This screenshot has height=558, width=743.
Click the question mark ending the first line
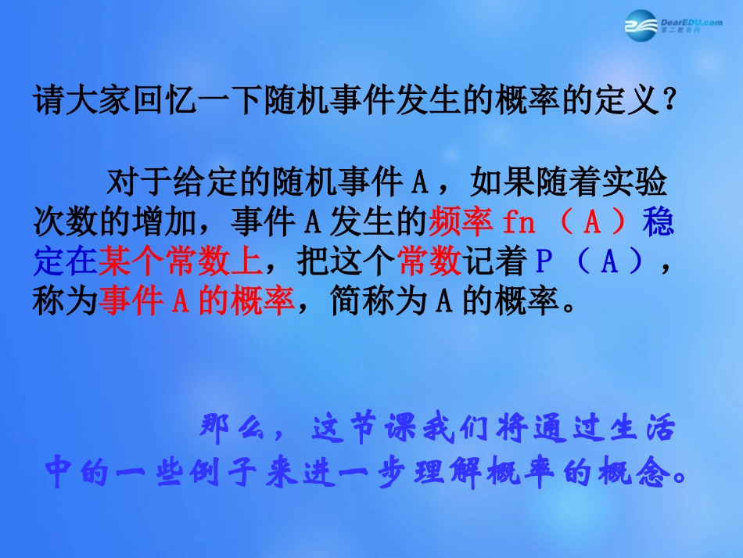pos(666,101)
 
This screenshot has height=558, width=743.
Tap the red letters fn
pos(519,224)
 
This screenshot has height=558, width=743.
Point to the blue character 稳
pos(658,224)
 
